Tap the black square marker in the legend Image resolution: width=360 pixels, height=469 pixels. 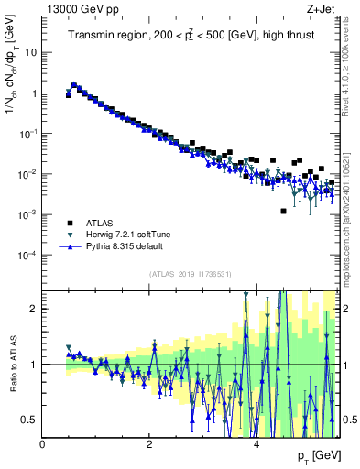(x=70, y=223)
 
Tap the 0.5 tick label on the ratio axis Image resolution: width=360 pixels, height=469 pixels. (x=30, y=420)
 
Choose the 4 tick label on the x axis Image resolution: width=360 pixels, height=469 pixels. (x=256, y=443)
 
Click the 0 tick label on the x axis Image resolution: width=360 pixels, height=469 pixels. (x=42, y=443)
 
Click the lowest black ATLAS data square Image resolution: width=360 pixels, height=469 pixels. (x=283, y=211)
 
